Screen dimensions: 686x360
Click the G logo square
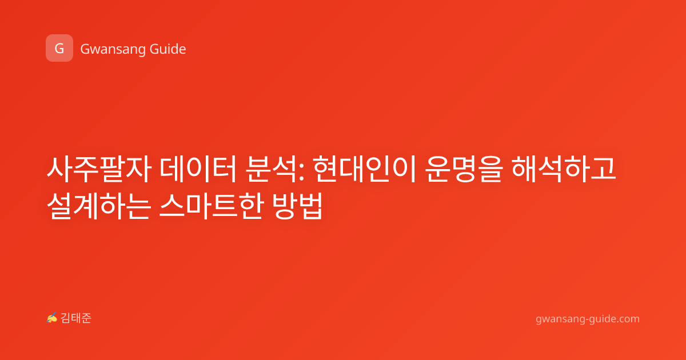click(59, 48)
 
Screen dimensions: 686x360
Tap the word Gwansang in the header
click(113, 49)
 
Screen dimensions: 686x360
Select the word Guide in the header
click(168, 49)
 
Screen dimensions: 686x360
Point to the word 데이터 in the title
click(198, 169)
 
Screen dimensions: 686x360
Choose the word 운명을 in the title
click(464, 169)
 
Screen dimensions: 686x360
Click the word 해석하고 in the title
click(564, 169)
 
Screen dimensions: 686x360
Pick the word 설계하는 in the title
click(99, 206)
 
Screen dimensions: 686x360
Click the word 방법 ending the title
click(298, 206)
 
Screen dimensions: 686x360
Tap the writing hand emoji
click(52, 318)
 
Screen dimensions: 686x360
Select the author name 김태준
click(76, 318)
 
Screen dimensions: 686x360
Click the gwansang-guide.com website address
click(588, 319)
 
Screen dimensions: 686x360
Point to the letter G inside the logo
click(59, 49)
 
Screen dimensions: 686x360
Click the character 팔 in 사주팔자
click(112, 169)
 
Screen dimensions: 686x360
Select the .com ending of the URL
click(628, 319)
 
